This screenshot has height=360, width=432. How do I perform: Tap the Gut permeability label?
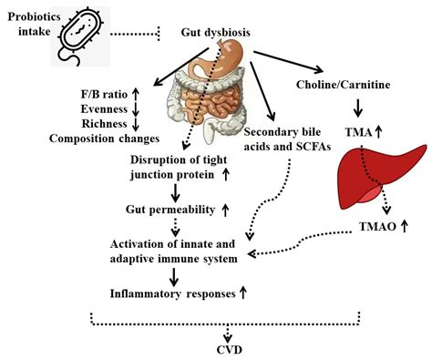click(x=170, y=210)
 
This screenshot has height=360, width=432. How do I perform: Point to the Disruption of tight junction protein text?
click(x=173, y=168)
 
